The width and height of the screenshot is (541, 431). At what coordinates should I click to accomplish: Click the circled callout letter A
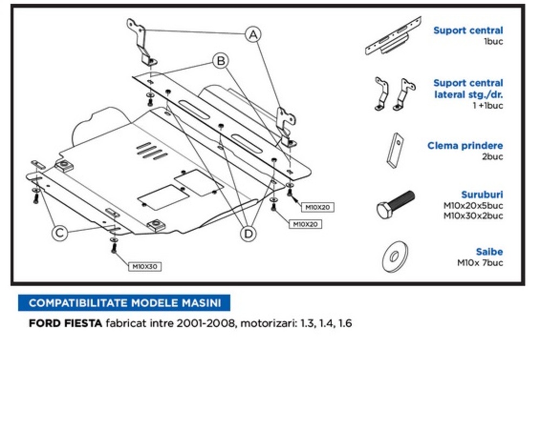tap(253, 35)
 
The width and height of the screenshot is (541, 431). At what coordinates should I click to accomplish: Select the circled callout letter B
tap(220, 61)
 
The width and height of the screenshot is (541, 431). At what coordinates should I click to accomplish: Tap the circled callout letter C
tap(60, 233)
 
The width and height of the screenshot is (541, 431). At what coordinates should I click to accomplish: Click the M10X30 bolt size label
tap(145, 266)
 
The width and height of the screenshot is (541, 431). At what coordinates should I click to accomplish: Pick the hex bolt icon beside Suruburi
tap(395, 204)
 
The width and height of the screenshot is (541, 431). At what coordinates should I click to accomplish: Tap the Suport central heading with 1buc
tap(468, 31)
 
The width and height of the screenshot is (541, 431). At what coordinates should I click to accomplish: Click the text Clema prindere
tap(465, 146)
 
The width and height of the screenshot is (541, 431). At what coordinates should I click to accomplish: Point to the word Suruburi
tap(482, 194)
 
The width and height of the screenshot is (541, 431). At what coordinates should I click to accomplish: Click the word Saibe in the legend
tap(489, 252)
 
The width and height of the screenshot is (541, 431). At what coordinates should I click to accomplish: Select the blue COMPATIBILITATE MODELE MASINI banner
tap(124, 302)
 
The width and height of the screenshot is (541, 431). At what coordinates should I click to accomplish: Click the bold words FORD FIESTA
tap(65, 324)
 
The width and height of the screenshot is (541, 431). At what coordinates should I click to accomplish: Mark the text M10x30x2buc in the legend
tap(473, 216)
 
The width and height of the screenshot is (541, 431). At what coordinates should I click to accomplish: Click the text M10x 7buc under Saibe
tap(480, 263)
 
